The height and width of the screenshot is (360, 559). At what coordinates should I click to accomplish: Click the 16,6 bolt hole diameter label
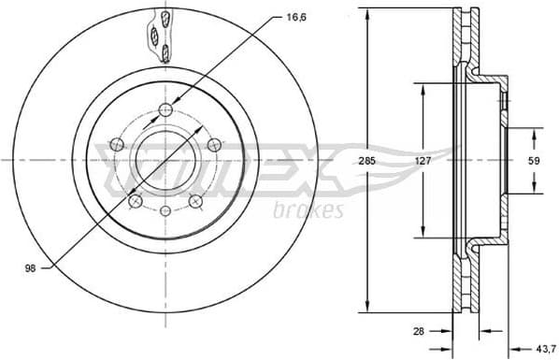pos(294,18)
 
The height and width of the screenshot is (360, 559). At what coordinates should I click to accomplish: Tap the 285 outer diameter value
pos(367,161)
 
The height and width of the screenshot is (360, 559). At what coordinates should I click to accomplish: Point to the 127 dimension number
pos(422,161)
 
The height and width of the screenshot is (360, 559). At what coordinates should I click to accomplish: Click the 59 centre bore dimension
pos(533,161)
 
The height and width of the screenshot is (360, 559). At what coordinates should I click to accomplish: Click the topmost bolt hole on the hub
pos(167,111)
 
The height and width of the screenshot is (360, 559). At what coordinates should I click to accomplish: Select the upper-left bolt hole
pos(118,144)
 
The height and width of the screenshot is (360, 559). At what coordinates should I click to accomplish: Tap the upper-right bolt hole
pos(214,144)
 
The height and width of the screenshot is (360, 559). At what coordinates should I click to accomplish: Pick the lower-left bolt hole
pos(135,200)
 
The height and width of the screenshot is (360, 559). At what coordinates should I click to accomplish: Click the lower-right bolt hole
pos(196,200)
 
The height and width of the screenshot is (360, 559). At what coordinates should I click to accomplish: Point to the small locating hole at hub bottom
pos(166,211)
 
